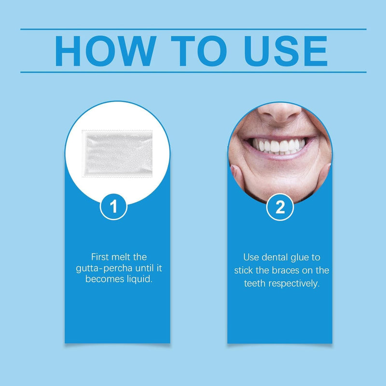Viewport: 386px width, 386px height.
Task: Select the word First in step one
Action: (100, 257)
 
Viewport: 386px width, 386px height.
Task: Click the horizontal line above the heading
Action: (193, 29)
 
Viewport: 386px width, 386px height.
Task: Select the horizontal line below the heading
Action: (193, 72)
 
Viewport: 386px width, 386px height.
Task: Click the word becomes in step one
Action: (103, 279)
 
